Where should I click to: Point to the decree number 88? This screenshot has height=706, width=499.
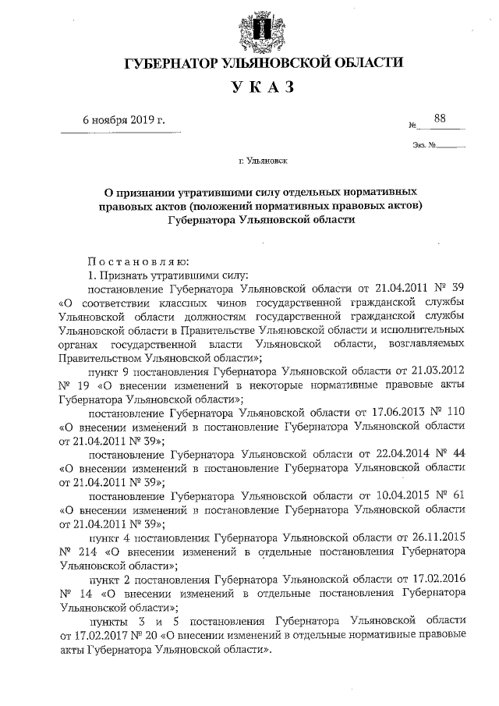441,118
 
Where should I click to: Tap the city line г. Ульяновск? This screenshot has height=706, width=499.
263,164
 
